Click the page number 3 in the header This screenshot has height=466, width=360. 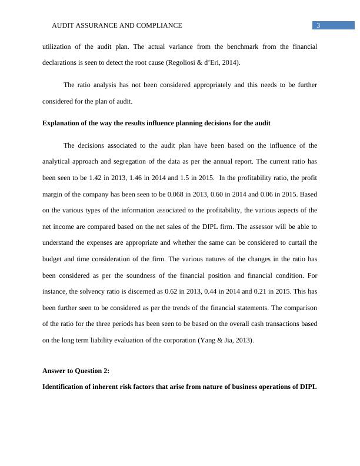[x=318, y=25]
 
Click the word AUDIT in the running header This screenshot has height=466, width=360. [x=63, y=25]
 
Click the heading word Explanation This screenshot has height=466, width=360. [x=62, y=123]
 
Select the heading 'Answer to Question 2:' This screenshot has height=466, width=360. [x=76, y=371]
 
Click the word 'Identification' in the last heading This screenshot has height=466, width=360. [x=64, y=387]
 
